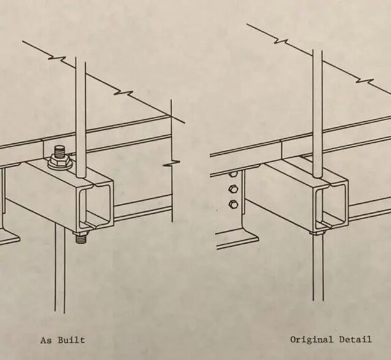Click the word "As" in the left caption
point(45,340)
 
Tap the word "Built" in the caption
point(71,340)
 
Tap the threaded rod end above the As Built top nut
point(60,151)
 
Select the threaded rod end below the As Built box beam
point(82,239)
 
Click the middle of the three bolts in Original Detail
point(233,189)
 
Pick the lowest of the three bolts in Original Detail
point(233,204)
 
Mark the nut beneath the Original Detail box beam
point(317,233)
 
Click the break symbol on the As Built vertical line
point(172,163)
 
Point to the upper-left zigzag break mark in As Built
point(57,58)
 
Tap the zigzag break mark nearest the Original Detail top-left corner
point(281,41)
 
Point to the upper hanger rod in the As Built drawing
point(80,117)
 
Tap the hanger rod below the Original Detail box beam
point(318,268)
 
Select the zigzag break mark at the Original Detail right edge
point(365,81)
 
